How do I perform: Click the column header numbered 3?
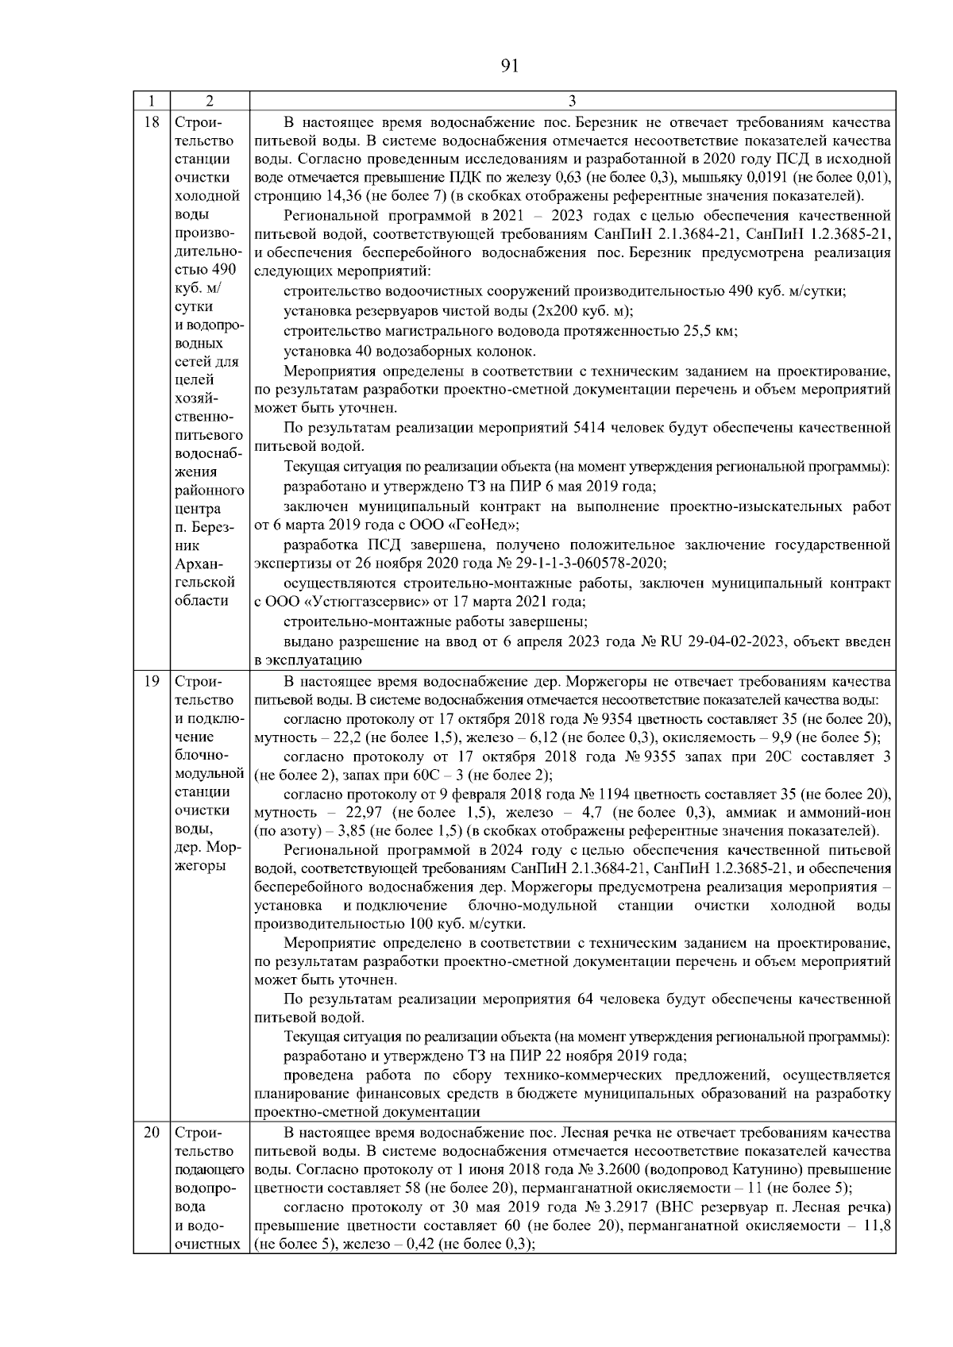(572, 101)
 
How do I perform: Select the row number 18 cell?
(152, 123)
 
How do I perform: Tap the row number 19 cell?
(152, 682)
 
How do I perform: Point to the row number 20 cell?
(152, 1133)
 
